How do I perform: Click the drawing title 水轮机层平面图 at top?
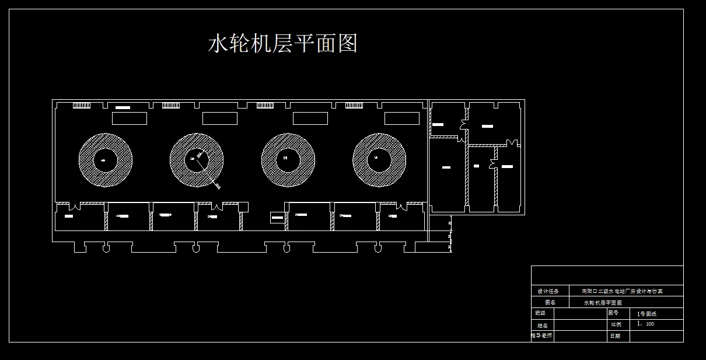click(282, 43)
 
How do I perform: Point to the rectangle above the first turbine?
click(129, 118)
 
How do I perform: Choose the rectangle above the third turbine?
click(310, 118)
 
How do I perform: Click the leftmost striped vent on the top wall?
click(81, 106)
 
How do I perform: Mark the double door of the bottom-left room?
click(74, 207)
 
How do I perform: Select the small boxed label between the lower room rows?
click(278, 218)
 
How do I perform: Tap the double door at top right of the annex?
click(512, 142)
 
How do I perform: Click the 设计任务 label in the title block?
click(548, 291)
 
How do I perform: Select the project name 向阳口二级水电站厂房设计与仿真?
click(622, 291)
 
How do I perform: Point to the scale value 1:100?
click(646, 324)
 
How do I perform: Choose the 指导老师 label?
click(542, 335)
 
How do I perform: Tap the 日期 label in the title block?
click(615, 336)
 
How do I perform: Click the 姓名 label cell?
click(542, 325)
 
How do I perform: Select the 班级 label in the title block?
click(540, 313)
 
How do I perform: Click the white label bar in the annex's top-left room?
click(438, 124)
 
